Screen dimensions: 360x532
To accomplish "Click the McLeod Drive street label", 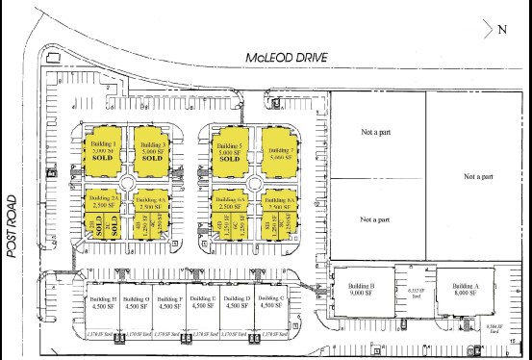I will (286, 57).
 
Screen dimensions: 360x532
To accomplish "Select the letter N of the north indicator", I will (502, 28).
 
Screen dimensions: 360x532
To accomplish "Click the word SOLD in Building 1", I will (103, 158).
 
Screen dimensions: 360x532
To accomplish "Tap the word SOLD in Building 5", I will (229, 159).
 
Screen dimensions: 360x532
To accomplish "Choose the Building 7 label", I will (278, 150).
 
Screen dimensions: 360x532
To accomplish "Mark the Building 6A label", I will (229, 197).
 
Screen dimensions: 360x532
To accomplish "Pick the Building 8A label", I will (277, 197).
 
